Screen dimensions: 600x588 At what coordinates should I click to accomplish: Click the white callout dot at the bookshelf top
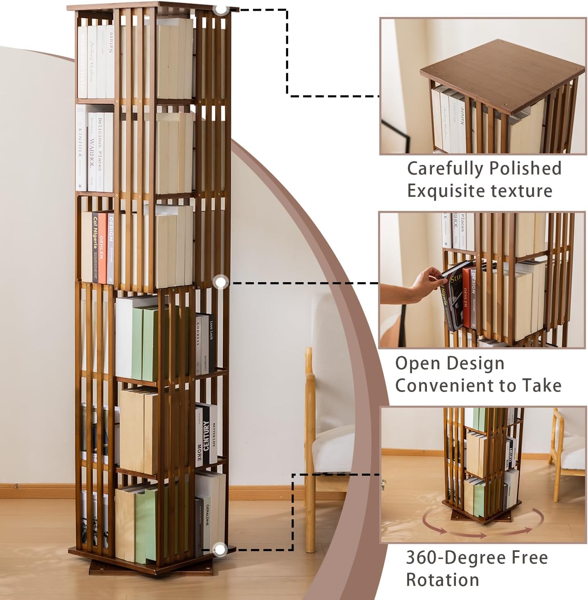(222, 9)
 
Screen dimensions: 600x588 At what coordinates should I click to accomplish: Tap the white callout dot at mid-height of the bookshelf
(221, 282)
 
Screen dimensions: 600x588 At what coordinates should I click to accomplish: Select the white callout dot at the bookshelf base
(221, 549)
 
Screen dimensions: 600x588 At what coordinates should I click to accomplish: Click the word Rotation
(442, 579)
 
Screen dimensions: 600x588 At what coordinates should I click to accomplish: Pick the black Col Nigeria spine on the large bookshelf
(96, 247)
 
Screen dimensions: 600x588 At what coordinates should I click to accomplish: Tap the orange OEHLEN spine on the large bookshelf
(102, 247)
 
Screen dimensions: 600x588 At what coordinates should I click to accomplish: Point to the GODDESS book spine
(198, 344)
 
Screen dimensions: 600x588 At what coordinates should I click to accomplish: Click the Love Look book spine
(212, 338)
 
